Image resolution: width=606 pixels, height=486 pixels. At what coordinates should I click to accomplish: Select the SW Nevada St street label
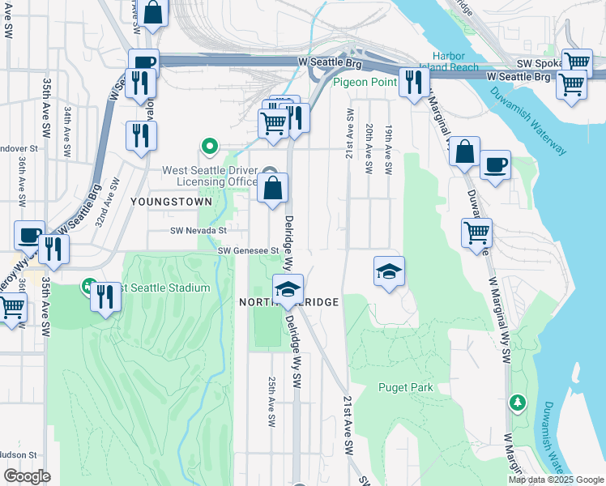(198, 231)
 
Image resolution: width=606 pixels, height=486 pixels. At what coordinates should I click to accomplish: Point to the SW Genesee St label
(248, 251)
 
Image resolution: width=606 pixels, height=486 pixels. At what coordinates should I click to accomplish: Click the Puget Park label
(405, 387)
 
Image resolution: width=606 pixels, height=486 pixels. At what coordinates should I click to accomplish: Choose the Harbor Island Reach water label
(449, 62)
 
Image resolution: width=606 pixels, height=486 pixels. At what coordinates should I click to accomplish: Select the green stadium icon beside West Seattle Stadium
(87, 286)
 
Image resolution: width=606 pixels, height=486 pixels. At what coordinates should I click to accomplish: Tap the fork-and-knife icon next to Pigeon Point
(414, 82)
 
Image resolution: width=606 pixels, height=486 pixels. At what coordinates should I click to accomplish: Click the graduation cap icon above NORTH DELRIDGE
(288, 288)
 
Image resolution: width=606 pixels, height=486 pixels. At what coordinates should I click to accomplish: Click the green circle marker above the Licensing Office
(210, 147)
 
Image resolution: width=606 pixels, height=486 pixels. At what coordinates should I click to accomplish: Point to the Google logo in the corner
(27, 476)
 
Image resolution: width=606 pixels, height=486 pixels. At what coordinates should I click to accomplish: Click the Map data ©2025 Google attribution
(556, 480)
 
